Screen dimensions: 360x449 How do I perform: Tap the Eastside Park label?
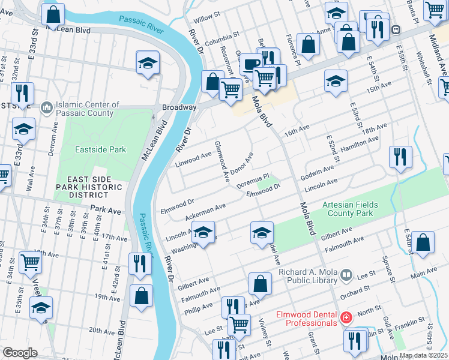(x=100, y=149)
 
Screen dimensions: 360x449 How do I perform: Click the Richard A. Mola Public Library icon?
(x=346, y=276)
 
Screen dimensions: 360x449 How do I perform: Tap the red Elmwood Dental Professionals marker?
(x=346, y=317)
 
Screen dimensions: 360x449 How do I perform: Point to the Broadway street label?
(x=179, y=107)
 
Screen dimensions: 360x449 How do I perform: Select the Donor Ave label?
(x=243, y=161)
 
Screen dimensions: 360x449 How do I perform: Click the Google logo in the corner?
(x=20, y=353)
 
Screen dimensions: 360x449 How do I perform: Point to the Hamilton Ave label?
(x=360, y=144)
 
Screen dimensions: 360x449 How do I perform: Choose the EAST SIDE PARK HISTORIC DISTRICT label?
(x=88, y=187)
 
